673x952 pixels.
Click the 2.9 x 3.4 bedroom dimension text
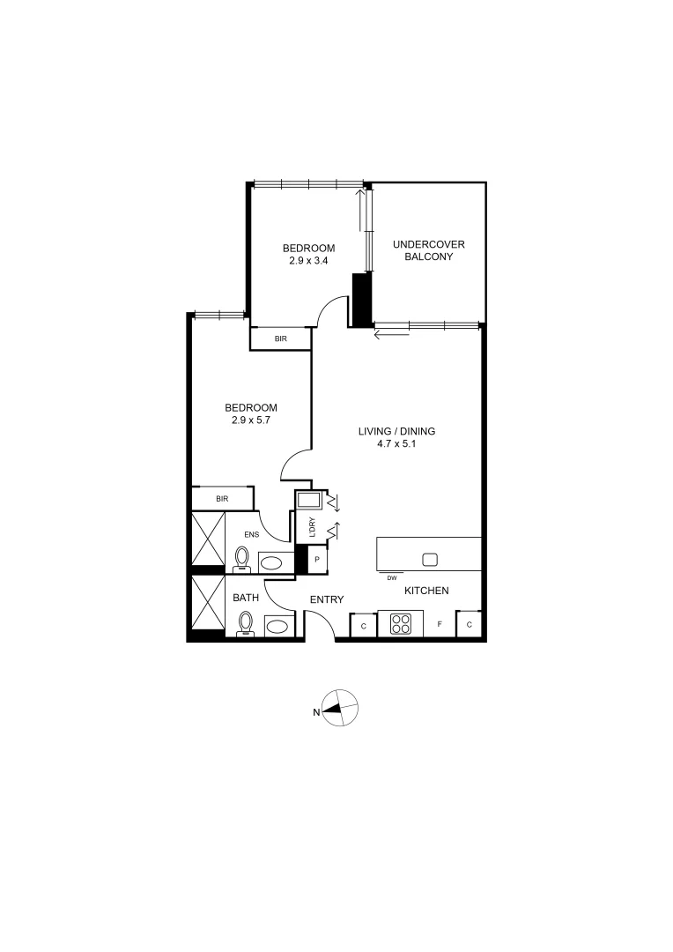click(x=308, y=261)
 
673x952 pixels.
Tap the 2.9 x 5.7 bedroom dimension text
click(x=251, y=420)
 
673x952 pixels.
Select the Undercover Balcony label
click(x=428, y=250)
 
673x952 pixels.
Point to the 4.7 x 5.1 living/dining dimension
click(x=396, y=444)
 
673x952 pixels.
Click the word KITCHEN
click(x=427, y=591)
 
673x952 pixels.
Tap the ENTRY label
click(x=327, y=599)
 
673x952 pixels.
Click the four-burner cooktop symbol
click(x=401, y=624)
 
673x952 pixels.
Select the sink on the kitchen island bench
click(x=430, y=559)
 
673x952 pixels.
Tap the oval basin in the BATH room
click(x=277, y=627)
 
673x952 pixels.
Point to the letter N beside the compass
click(x=315, y=713)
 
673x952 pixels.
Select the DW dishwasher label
click(x=391, y=578)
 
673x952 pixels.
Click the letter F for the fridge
click(x=440, y=625)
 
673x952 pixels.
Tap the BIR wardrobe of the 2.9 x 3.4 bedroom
click(x=280, y=338)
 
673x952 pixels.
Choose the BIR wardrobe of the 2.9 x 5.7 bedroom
click(x=222, y=499)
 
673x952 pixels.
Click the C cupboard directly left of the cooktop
click(x=363, y=626)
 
